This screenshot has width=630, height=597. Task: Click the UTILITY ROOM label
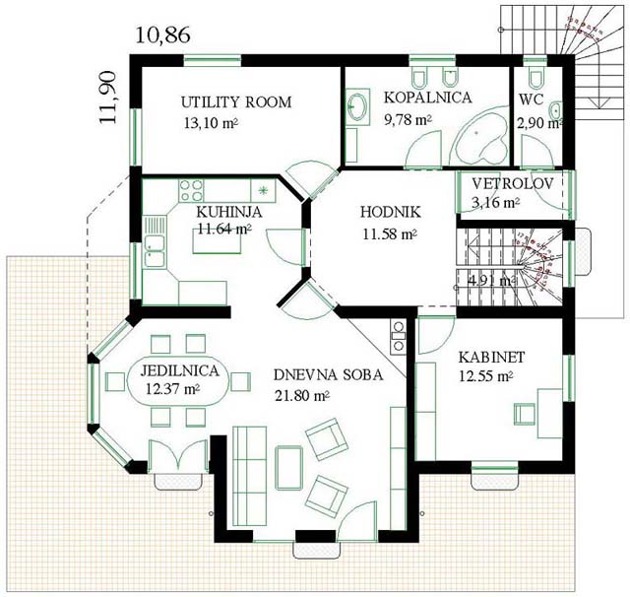[x=236, y=102]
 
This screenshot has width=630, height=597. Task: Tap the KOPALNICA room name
[x=428, y=98]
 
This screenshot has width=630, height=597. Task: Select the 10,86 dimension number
[x=162, y=35]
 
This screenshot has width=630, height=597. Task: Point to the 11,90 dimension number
[x=108, y=98]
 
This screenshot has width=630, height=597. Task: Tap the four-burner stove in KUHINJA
[x=191, y=190]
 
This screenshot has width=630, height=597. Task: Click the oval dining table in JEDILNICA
[x=178, y=381]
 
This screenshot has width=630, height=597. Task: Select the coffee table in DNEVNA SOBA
[x=288, y=468]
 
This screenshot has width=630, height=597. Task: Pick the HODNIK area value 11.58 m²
[x=390, y=234]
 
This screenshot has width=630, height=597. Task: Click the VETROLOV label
[x=513, y=183]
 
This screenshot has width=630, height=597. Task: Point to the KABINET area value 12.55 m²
[x=485, y=376]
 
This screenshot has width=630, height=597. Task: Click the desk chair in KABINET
[x=525, y=414]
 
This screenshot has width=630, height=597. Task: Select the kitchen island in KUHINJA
[x=217, y=240]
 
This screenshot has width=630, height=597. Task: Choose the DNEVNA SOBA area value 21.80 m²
[x=302, y=396]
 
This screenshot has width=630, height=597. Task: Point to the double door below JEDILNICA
[x=178, y=455]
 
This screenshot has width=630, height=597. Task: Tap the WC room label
[x=531, y=99]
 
